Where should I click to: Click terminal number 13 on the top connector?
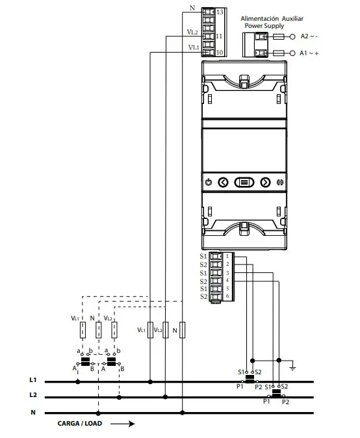click(x=220, y=12)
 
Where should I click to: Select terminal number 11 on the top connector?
click(x=220, y=36)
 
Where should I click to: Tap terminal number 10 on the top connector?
click(x=220, y=52)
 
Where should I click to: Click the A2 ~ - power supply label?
click(x=309, y=36)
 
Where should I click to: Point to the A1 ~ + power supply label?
click(x=309, y=53)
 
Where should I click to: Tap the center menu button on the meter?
click(x=243, y=182)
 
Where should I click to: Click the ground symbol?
click(x=293, y=368)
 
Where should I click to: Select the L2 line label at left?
click(x=33, y=395)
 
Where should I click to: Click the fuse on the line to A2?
click(x=278, y=36)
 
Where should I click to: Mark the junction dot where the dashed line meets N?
click(x=98, y=412)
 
